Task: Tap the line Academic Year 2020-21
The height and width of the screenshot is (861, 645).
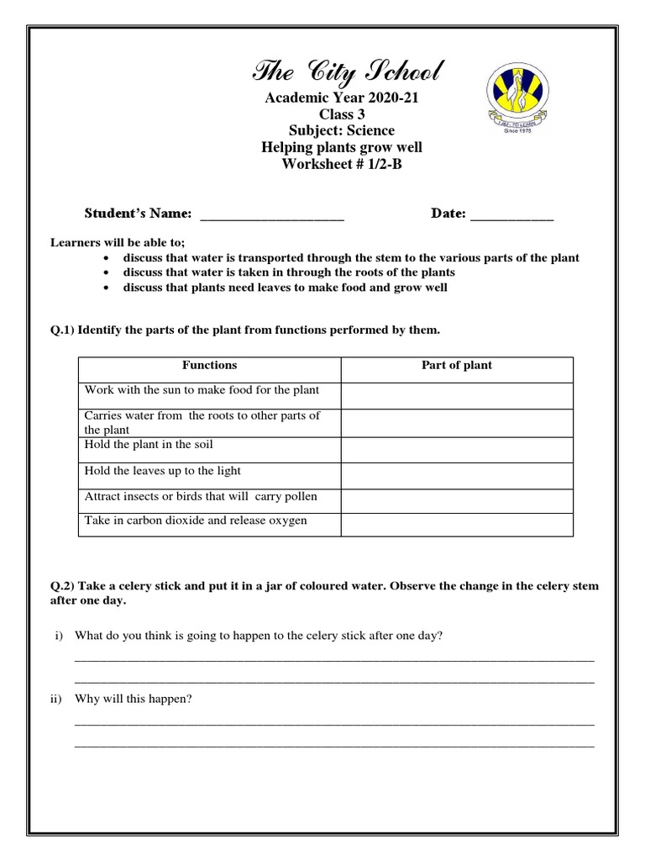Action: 342,98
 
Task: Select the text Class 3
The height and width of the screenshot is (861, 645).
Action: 342,114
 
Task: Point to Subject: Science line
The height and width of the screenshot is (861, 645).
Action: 342,130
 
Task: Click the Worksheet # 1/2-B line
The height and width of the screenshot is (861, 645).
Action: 342,163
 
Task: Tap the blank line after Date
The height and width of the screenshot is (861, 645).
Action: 511,214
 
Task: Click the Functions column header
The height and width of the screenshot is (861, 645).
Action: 209,366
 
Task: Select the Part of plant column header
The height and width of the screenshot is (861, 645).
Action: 457,366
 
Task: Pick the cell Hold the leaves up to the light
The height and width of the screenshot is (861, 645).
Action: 163,471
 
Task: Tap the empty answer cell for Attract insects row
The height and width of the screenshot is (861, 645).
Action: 457,497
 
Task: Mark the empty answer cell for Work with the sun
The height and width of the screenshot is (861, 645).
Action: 457,394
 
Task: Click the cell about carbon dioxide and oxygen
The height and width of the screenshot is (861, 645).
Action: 196,520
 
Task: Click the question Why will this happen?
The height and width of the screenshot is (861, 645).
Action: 134,699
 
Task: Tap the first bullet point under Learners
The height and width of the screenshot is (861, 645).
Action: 350,258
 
